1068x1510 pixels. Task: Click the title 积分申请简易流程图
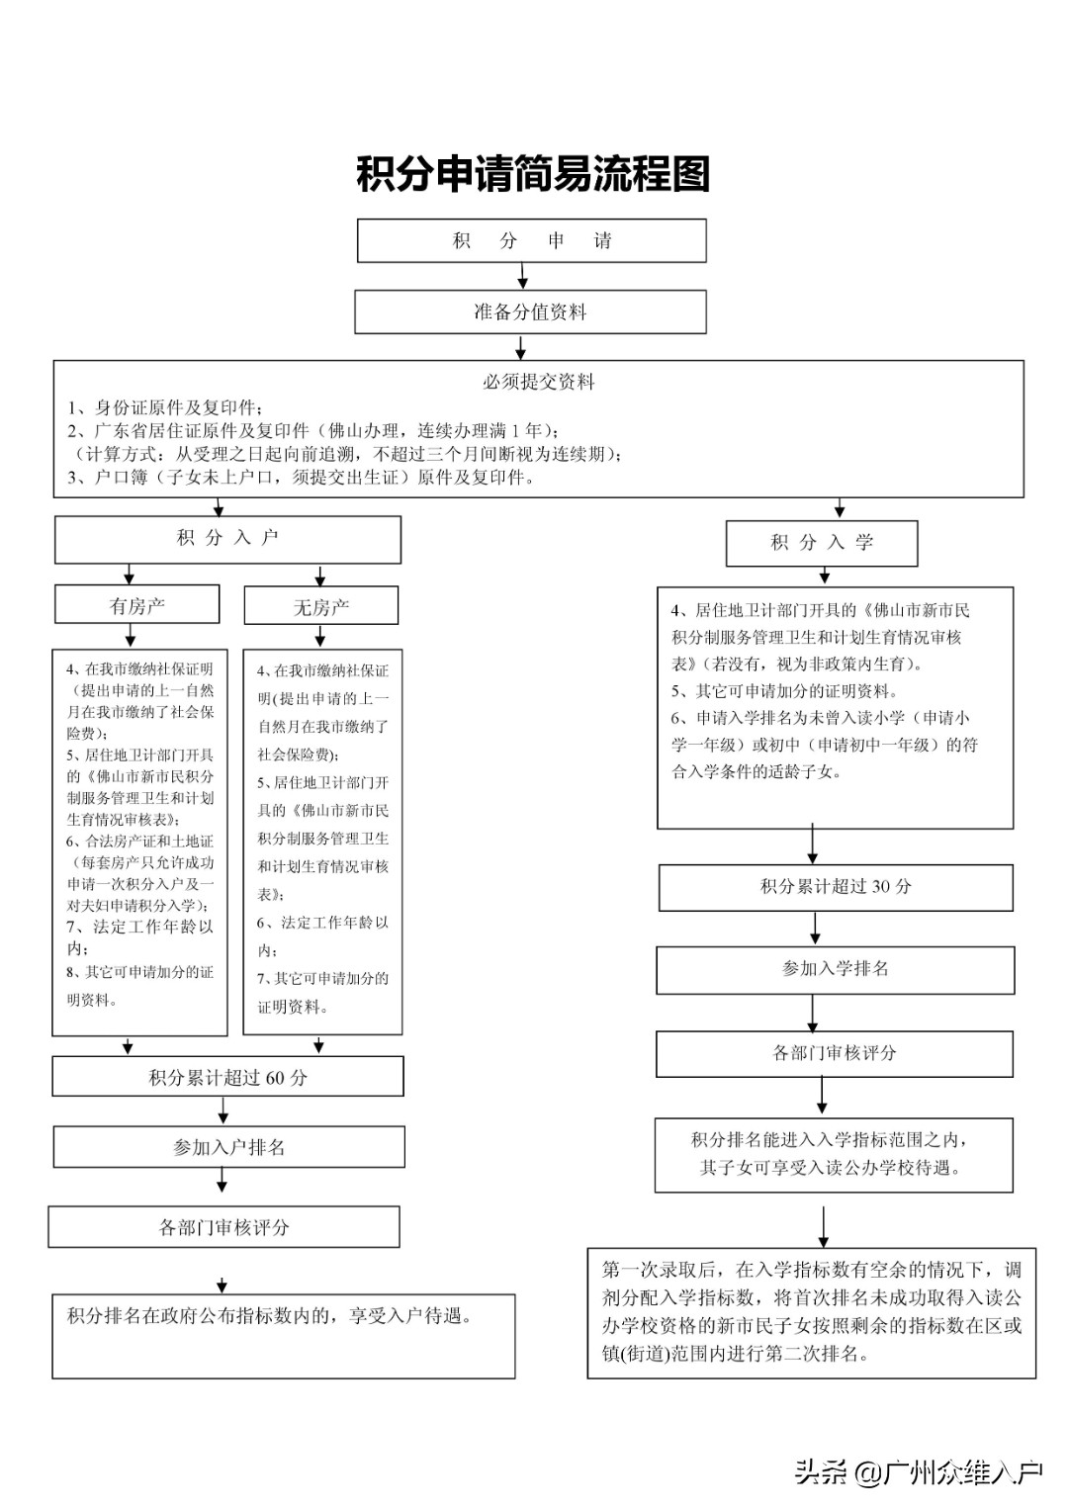click(533, 175)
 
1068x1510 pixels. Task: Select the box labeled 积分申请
click(532, 240)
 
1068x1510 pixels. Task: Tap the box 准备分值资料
click(531, 312)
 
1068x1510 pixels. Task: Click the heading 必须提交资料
click(539, 382)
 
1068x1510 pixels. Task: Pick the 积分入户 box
click(227, 539)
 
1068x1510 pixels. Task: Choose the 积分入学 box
click(822, 543)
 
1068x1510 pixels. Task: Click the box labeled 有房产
click(136, 605)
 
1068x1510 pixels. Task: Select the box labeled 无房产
click(320, 606)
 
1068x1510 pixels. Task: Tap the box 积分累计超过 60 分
click(227, 1077)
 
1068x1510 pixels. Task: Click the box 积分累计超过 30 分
click(836, 887)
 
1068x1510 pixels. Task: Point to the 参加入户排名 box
click(228, 1147)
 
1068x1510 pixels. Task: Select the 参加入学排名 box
click(836, 969)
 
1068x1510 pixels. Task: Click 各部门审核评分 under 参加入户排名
click(223, 1227)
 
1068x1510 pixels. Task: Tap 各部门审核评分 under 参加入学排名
click(835, 1053)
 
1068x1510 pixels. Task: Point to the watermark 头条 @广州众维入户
click(919, 1473)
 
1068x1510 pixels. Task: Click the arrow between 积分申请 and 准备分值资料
click(522, 276)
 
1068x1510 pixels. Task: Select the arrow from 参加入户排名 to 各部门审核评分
click(222, 1181)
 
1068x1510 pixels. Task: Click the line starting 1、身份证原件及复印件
click(164, 407)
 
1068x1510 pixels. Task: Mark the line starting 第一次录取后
click(811, 1270)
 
